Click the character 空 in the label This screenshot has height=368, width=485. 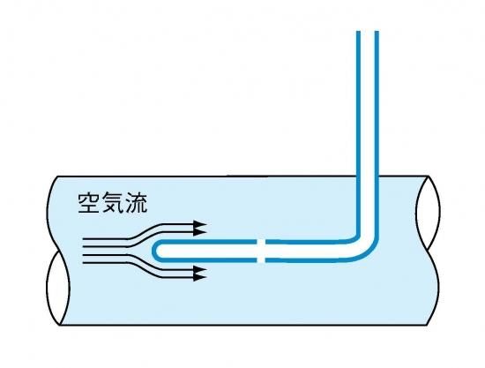pyautogui.click(x=89, y=203)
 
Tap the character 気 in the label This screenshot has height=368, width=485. pyautogui.click(x=113, y=203)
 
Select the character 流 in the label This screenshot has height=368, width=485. pyautogui.click(x=136, y=203)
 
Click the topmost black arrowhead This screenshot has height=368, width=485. pyautogui.click(x=200, y=224)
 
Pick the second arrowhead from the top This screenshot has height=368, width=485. pyautogui.click(x=200, y=231)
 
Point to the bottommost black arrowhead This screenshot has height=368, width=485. pyautogui.click(x=200, y=277)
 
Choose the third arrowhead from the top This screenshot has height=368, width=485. pyautogui.click(x=200, y=269)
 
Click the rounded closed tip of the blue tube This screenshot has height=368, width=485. pyautogui.click(x=154, y=251)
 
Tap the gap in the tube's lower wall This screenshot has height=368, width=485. pyautogui.click(x=261, y=260)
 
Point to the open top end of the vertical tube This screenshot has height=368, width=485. pyautogui.click(x=368, y=32)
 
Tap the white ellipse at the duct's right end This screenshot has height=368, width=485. pyautogui.click(x=428, y=213)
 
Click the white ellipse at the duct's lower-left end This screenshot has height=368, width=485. pyautogui.click(x=58, y=288)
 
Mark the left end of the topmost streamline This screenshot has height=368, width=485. pyautogui.click(x=83, y=239)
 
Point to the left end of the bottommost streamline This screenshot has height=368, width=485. pyautogui.click(x=83, y=263)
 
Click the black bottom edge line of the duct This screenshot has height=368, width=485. pyautogui.click(x=243, y=325)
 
